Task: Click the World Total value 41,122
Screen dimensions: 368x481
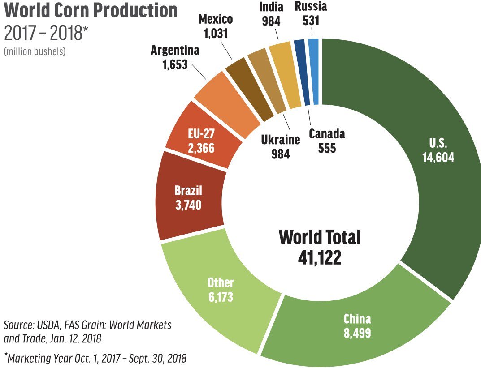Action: point(320,257)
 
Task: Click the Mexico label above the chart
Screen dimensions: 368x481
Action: point(216,19)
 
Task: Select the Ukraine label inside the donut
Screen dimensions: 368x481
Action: point(280,139)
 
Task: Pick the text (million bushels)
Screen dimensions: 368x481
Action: point(35,51)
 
